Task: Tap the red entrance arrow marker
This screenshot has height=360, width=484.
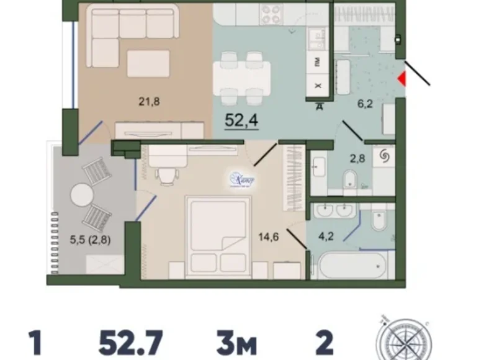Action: pos(401,79)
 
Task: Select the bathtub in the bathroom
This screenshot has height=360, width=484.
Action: pos(351,264)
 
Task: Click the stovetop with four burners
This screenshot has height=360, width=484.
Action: pos(271,14)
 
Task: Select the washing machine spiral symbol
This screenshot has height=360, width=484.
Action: pos(383,158)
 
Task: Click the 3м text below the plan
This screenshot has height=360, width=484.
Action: pos(236,342)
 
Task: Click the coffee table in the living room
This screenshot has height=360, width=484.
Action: pos(148,63)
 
